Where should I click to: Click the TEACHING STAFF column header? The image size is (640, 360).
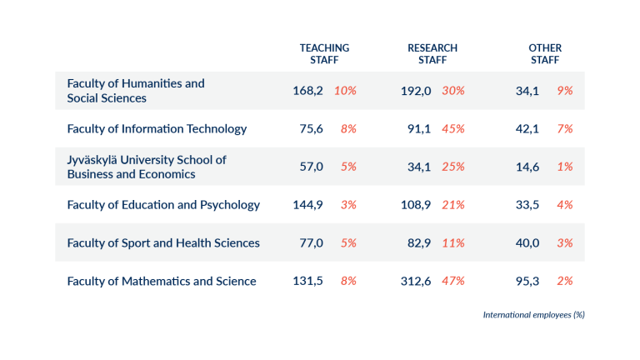tap(324, 54)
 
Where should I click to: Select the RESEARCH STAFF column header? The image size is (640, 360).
tap(432, 54)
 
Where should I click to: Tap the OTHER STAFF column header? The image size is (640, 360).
tap(545, 54)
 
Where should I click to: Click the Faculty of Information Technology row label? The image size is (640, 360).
tap(157, 128)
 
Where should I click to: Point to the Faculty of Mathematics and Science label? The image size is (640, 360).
tap(162, 281)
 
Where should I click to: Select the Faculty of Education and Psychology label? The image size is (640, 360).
tap(163, 205)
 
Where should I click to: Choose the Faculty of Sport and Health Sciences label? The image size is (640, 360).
tap(163, 243)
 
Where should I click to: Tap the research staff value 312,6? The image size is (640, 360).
tap(416, 281)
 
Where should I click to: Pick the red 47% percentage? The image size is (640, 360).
tap(453, 281)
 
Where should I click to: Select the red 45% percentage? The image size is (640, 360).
tap(453, 128)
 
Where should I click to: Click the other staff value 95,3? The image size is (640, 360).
tap(527, 281)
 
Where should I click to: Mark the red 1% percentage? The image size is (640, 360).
tap(565, 167)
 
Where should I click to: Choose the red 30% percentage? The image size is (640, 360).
tap(453, 91)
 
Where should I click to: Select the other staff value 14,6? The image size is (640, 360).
tap(527, 167)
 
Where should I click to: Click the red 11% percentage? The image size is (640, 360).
tap(453, 243)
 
